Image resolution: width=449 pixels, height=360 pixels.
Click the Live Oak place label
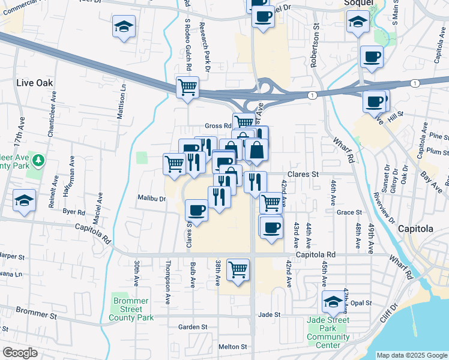(35, 83)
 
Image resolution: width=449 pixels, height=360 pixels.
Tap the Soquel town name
(360, 2)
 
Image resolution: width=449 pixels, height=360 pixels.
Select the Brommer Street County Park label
(133, 309)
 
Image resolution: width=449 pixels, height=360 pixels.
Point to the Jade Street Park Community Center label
(328, 329)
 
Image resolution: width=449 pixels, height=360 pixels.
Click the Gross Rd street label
(218, 126)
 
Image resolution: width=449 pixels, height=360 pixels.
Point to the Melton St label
(232, 347)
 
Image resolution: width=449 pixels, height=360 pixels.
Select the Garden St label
(192, 327)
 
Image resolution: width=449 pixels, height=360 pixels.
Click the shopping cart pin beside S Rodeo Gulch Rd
(187, 86)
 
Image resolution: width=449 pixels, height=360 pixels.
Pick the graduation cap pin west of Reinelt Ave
(24, 200)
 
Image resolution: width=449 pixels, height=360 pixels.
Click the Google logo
(20, 353)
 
